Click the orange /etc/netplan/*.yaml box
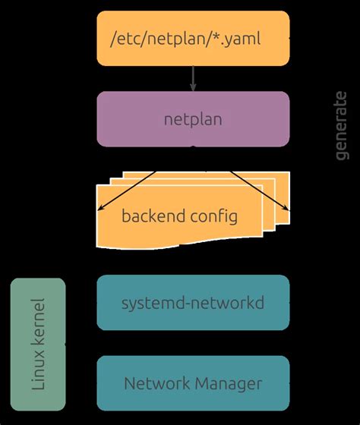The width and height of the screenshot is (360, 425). (193, 38)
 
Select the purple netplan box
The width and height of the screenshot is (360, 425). (193, 119)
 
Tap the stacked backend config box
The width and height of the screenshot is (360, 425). (190, 216)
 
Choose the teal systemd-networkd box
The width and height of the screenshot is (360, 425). (193, 303)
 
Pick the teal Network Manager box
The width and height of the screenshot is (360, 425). (193, 383)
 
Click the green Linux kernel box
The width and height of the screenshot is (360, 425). (38, 345)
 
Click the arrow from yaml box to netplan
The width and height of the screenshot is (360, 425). (193, 78)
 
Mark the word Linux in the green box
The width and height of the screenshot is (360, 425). (38, 375)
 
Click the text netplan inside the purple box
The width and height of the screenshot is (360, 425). (193, 119)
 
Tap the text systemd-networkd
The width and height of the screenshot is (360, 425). (193, 303)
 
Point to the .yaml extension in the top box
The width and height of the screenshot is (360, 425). (242, 39)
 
